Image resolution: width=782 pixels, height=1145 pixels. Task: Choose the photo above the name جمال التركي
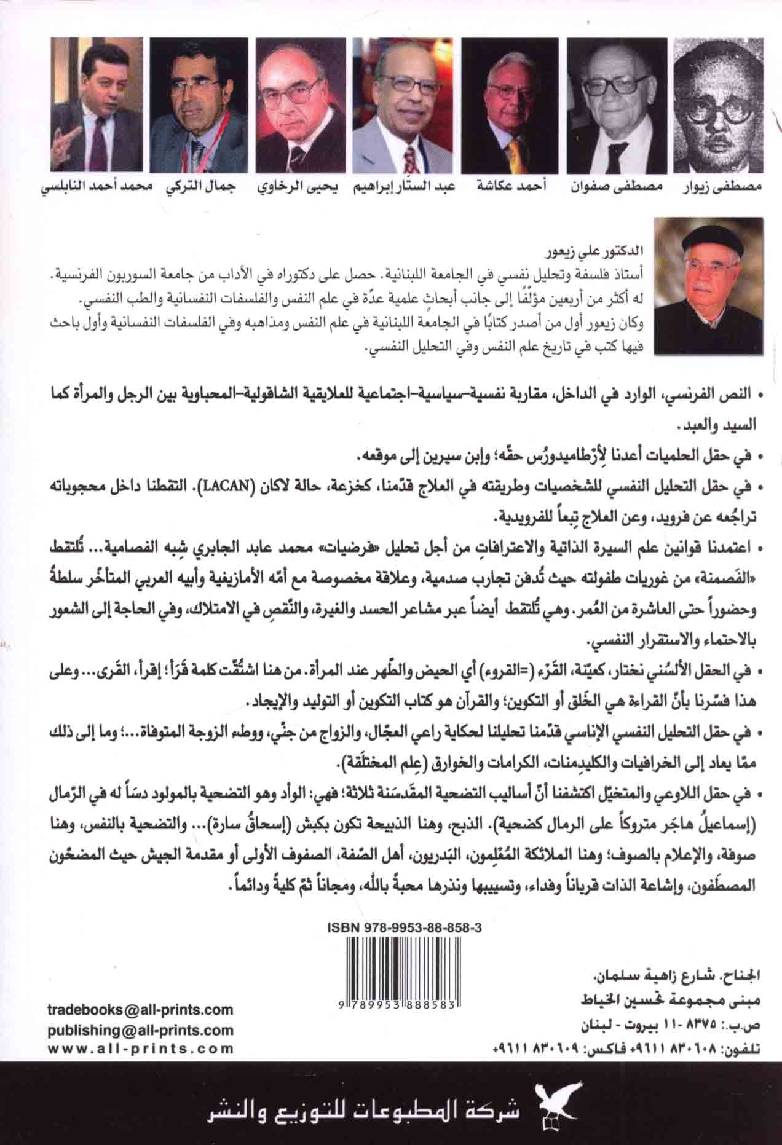[196, 104]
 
